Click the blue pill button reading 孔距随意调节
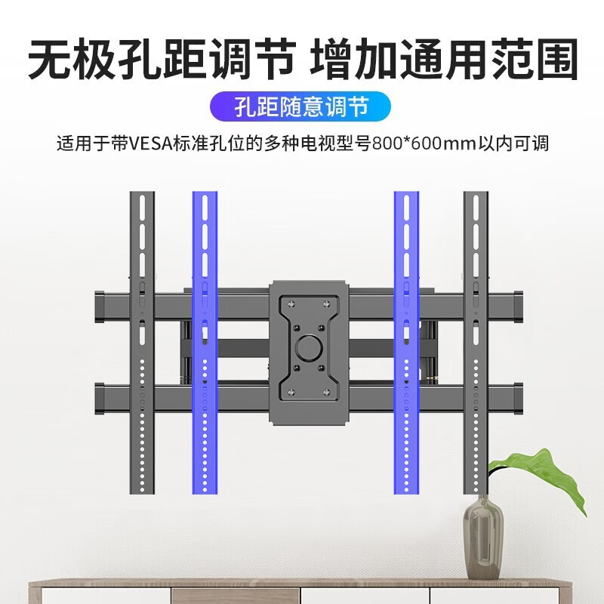[300, 106]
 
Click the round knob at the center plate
[310, 347]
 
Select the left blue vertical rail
[205, 343]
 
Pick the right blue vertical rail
[406, 343]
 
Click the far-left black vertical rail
[142, 343]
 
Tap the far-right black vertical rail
[476, 343]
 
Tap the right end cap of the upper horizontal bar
[518, 307]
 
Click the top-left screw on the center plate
[291, 304]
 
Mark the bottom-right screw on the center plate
[327, 392]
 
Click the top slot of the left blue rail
[205, 207]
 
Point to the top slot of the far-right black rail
[476, 207]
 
